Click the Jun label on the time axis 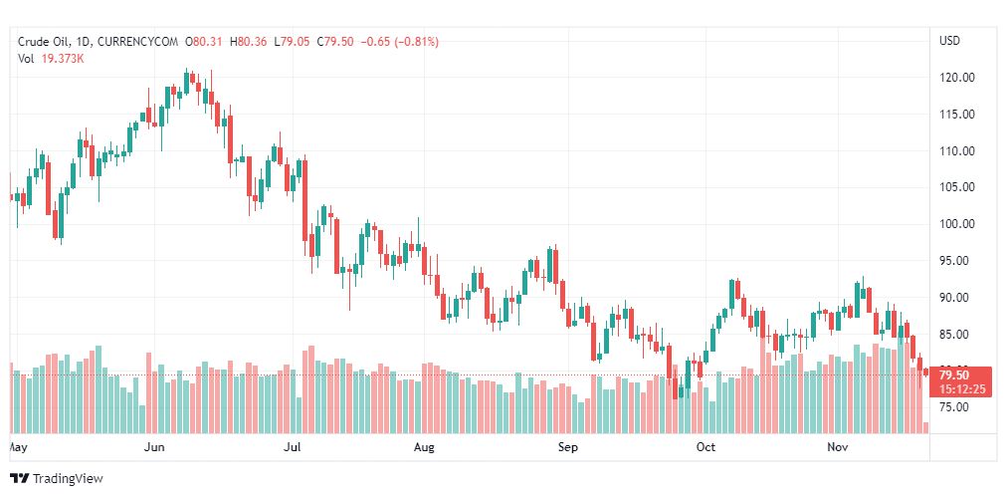154,448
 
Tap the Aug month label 425,448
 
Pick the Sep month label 567,448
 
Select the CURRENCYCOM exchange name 143,42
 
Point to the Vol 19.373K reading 51,58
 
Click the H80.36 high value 250,42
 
